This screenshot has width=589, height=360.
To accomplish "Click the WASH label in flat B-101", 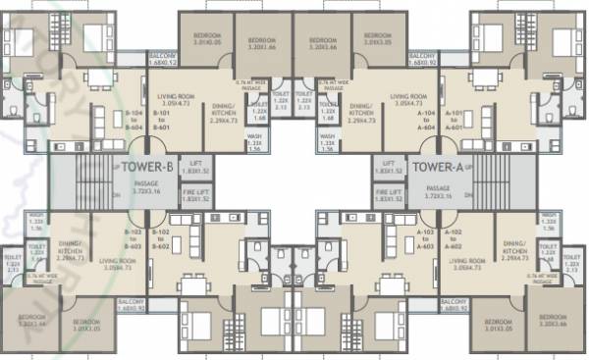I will coord(254,140).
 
